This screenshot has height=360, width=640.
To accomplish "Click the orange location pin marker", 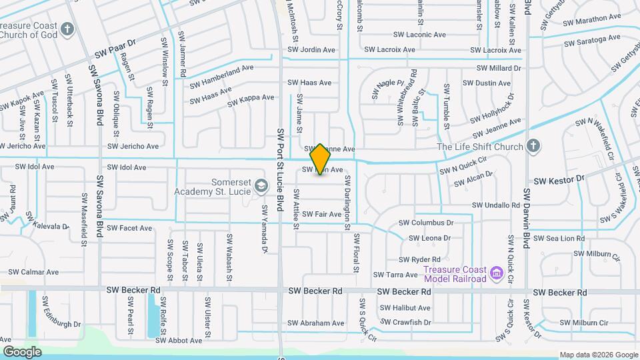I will (321, 159).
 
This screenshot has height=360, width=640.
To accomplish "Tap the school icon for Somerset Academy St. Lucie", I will (261, 185).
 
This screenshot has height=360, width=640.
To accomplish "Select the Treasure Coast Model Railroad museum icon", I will (496, 273).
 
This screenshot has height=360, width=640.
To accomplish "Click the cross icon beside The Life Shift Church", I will (533, 146).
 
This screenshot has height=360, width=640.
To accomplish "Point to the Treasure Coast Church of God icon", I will (67, 29).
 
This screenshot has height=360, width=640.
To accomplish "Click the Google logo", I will (23, 351).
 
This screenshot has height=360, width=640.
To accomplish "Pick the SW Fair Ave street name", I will (322, 214).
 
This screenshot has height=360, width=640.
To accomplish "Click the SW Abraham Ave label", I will (316, 323).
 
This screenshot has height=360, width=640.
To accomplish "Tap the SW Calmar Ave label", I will (33, 272).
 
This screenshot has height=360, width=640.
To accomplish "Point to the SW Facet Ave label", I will (129, 228).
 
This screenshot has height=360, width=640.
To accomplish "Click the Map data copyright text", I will (598, 355).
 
